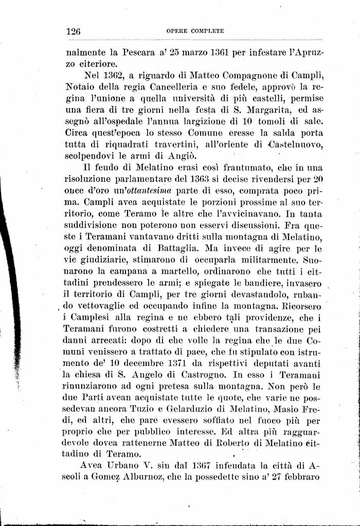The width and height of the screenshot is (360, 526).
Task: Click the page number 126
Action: (74, 31)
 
